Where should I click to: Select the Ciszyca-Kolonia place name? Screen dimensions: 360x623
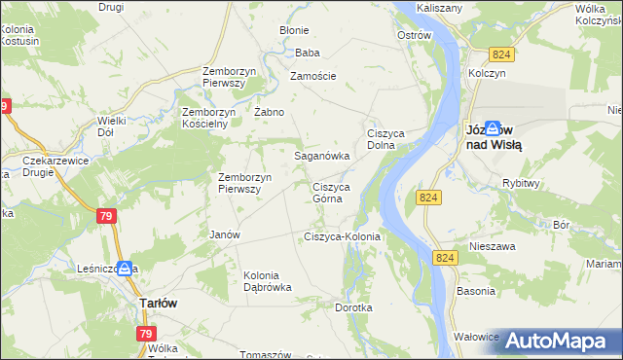[342, 236]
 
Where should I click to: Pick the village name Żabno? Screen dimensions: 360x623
[269, 112]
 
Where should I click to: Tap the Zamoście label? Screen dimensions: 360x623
[313, 76]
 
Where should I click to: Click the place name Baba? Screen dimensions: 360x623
[308, 53]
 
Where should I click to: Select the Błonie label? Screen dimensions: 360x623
[294, 30]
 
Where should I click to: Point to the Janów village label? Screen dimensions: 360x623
[225, 234]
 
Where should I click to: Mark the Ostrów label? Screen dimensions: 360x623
[415, 35]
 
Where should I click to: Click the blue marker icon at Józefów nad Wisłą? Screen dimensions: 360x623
[494, 127]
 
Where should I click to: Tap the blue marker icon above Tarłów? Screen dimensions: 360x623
[126, 270]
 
